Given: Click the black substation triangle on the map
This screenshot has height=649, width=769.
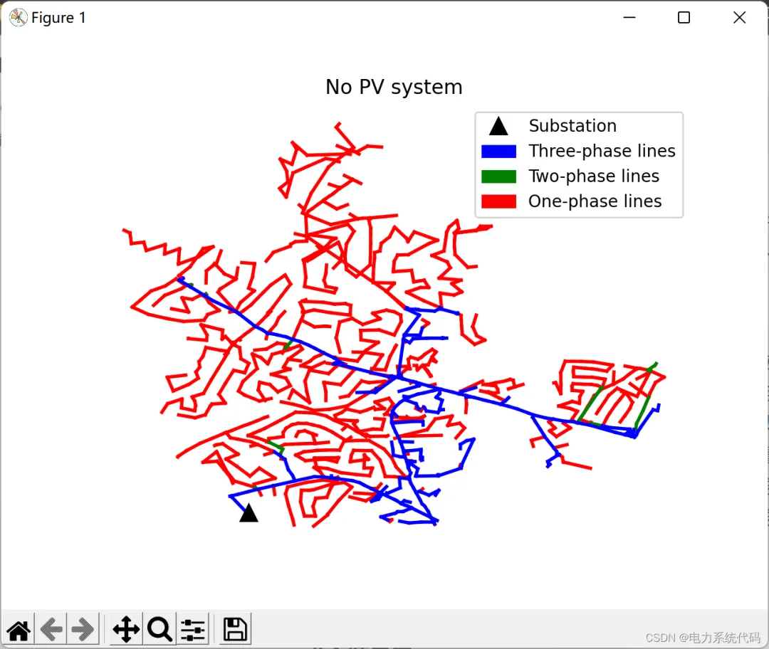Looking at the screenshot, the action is [249, 513].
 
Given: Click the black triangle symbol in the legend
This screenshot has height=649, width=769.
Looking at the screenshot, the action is [498, 127].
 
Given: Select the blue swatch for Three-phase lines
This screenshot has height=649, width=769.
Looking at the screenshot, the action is [498, 152].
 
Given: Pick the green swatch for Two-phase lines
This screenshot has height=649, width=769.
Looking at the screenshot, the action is [498, 176].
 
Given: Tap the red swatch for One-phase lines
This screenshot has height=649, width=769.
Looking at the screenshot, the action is [498, 202].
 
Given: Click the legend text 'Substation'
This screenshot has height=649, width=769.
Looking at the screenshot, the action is [572, 126].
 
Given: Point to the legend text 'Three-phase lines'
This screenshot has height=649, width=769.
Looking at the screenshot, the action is [602, 151].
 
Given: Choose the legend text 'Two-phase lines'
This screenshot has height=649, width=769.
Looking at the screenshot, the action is [594, 176].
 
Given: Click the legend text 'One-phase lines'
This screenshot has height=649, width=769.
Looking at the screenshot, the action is [595, 201].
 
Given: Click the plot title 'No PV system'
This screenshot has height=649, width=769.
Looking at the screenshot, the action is [394, 87].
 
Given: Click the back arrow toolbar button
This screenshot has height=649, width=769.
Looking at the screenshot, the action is [51, 629].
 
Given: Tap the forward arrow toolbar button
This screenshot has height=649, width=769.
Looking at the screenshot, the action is [83, 629].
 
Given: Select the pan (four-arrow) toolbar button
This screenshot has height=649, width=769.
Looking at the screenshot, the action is [126, 629].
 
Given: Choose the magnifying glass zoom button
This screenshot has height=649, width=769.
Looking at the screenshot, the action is [159, 629].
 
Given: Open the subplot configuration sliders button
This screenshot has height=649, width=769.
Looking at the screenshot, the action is [193, 629].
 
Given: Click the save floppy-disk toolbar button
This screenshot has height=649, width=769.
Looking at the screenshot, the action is [235, 629].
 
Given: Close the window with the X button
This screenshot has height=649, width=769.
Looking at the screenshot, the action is [740, 18].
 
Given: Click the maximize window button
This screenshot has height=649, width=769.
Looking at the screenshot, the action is [684, 18].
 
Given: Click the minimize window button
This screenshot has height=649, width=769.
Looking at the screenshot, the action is [629, 18].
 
